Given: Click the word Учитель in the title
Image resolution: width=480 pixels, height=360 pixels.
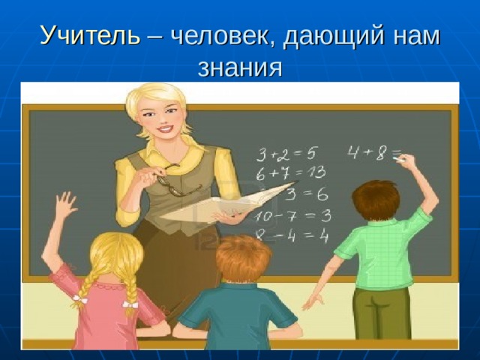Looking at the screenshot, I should (89, 35).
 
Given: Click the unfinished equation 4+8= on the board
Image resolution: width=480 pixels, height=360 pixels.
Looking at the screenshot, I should (372, 154).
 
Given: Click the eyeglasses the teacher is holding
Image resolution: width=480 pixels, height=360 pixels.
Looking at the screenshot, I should (172, 182).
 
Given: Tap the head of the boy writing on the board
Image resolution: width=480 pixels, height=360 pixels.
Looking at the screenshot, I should (375, 199).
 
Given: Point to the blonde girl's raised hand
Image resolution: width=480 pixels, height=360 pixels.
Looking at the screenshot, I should (66, 205).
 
